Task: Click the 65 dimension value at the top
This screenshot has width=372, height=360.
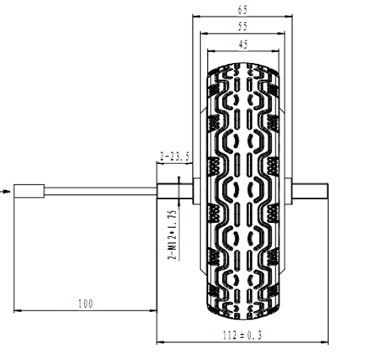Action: [x=242, y=10]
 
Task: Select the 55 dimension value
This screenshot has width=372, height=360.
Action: [x=242, y=27]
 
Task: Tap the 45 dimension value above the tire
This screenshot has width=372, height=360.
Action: [x=243, y=45]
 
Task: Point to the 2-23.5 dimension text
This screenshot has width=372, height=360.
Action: [x=174, y=156]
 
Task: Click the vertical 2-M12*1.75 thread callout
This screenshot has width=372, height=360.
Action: [x=173, y=235]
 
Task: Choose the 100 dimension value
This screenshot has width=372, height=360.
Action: [x=85, y=304]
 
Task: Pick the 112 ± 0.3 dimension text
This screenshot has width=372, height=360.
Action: [x=242, y=336]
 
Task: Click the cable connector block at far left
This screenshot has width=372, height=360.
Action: [x=29, y=191]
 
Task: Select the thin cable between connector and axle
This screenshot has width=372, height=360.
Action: [x=100, y=192]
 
